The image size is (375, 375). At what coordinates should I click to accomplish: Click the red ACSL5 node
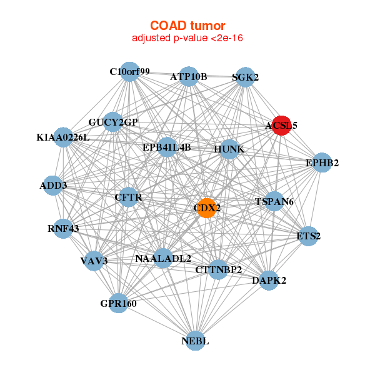click(281, 125)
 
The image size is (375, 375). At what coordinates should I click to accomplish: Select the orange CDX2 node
click(207, 207)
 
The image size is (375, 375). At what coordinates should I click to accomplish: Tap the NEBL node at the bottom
click(196, 341)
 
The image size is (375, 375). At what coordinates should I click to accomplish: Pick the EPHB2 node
click(322, 163)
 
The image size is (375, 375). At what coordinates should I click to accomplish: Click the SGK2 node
click(244, 77)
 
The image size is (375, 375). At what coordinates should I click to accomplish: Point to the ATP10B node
click(188, 77)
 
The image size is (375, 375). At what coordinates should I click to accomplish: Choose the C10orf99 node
click(129, 72)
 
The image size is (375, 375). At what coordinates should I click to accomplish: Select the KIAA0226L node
click(64, 137)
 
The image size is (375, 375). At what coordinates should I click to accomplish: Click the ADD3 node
click(53, 186)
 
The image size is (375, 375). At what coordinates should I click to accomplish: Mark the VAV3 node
click(94, 260)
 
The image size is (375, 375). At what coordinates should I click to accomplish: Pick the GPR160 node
click(118, 304)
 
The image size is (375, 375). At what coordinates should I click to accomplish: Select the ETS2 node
click(308, 236)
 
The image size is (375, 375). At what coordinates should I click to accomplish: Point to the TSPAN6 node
click(274, 202)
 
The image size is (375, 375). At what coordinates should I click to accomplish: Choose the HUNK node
click(229, 149)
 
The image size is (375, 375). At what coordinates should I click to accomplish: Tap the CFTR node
click(128, 197)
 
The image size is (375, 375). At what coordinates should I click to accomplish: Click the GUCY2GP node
click(113, 122)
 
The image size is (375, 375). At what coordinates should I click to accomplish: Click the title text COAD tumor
click(187, 26)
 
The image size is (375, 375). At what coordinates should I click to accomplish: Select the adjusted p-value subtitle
click(187, 38)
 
